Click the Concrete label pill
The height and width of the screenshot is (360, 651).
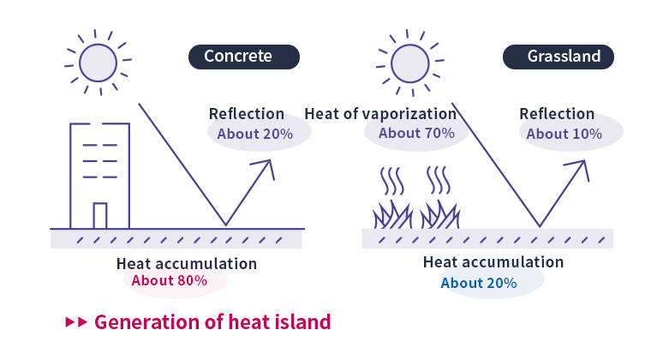pyautogui.click(x=244, y=57)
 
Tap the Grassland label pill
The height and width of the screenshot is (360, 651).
pyautogui.click(x=564, y=57)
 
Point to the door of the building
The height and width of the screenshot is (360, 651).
pyautogui.click(x=100, y=215)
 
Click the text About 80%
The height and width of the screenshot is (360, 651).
pyautogui.click(x=176, y=280)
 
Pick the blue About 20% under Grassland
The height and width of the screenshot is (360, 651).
pyautogui.click(x=478, y=283)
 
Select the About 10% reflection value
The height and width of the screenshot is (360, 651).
pyautogui.click(x=564, y=134)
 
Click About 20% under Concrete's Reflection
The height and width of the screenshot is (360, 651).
pyautogui.click(x=254, y=134)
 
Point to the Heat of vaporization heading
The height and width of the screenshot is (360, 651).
pyautogui.click(x=380, y=113)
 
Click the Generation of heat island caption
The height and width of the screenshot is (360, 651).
pyautogui.click(x=212, y=322)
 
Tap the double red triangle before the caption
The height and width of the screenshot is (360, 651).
pyautogui.click(x=76, y=322)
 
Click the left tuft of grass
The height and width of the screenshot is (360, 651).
pyautogui.click(x=392, y=213)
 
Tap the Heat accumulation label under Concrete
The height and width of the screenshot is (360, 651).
pyautogui.click(x=186, y=263)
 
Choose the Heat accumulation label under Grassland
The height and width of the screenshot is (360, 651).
pyautogui.click(x=493, y=262)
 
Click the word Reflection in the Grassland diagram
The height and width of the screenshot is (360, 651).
pyautogui.click(x=557, y=114)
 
